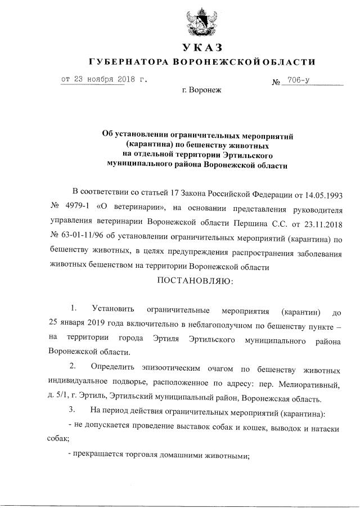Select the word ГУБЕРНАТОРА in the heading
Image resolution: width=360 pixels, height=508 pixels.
[x=127, y=61]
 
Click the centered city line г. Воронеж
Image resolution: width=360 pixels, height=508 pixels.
[x=202, y=90]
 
